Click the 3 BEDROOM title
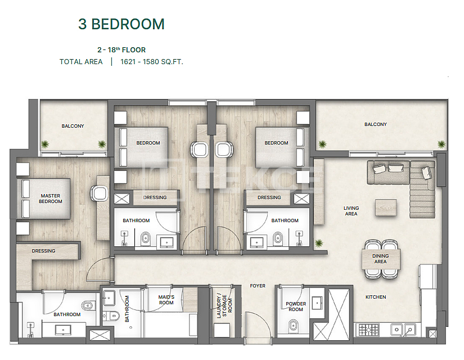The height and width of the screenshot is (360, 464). (121, 24)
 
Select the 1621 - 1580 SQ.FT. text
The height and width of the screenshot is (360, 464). (152, 62)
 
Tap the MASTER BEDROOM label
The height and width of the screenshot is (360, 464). (51, 199)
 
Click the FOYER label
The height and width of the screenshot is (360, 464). (258, 286)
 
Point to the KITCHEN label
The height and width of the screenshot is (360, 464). (376, 297)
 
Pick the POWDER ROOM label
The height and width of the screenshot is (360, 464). (296, 307)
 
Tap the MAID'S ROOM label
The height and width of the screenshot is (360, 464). (166, 300)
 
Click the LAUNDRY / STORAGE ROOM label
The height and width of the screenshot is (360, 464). (224, 306)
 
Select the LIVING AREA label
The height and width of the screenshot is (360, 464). (352, 211)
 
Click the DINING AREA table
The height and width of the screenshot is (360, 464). (381, 259)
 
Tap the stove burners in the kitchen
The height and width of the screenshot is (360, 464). (369, 330)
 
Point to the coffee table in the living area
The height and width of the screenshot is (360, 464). (386, 207)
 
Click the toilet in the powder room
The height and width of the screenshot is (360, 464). (293, 325)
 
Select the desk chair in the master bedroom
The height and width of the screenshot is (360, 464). (99, 193)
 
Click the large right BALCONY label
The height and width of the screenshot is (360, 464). (376, 124)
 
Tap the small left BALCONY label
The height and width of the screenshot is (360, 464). (73, 126)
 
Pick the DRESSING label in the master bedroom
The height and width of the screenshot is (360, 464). (43, 251)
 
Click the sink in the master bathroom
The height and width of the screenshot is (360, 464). (63, 329)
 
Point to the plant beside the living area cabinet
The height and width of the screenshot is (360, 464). (319, 244)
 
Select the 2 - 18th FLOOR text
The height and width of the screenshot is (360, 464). (121, 49)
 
